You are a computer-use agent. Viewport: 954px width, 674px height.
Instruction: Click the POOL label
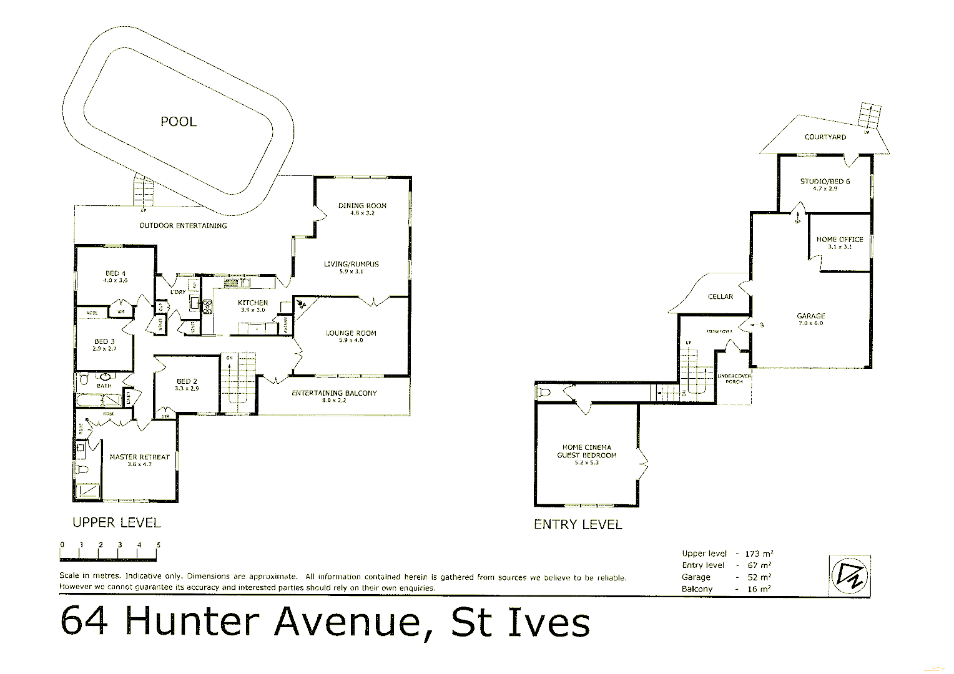coord(179,122)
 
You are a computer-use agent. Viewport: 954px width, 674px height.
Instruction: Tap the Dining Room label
coord(362,205)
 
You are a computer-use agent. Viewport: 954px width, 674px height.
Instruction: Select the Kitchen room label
coord(253,303)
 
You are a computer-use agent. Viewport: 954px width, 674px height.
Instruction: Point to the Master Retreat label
coord(139,457)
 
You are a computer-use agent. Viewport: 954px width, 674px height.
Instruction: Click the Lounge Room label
coord(351,333)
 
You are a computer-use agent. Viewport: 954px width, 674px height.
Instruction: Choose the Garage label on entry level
coord(810,316)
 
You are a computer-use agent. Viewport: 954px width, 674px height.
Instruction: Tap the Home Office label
coord(840,240)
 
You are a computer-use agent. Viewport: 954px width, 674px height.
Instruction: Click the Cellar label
coord(720,296)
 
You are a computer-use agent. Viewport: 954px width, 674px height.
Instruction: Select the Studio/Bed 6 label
coord(825,182)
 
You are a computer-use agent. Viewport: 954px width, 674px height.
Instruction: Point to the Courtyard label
coord(825,137)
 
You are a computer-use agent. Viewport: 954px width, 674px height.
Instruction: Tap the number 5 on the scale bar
coord(159,545)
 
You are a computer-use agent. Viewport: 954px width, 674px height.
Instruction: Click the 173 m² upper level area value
coord(759,554)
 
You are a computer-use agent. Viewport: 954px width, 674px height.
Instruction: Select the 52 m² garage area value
coord(759,577)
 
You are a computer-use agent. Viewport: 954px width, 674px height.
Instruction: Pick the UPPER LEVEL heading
coord(117,523)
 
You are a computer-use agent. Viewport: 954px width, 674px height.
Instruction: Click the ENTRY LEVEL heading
coord(578,525)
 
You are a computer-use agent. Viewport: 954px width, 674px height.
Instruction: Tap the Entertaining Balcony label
coord(334,393)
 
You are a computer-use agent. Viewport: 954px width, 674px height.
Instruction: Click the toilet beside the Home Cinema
coord(543,393)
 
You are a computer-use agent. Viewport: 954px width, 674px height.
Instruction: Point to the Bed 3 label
coord(104,341)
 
